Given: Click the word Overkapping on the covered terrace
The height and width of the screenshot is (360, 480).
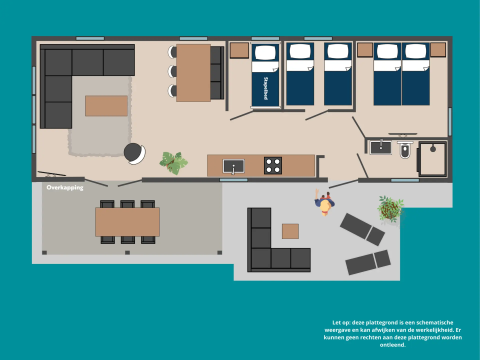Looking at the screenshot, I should coord(65,187).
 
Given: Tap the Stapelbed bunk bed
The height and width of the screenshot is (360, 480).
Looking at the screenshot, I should coord(266,75).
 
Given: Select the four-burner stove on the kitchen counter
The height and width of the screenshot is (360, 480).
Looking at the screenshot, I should coord(273,165).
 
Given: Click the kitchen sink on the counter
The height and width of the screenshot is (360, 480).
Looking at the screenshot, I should coord(233,166).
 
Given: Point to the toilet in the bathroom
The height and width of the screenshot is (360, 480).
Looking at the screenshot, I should coord(405,151).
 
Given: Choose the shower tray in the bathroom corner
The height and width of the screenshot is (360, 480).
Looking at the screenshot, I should coord(433,159).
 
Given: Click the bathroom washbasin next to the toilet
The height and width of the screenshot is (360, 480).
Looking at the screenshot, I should coord(381,148).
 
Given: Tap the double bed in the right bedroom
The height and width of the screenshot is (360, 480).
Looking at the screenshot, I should coord(401,75).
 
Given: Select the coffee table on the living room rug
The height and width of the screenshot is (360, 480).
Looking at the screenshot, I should coord(106,106).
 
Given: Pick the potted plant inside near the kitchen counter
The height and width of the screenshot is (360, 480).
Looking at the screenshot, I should coord(173,162).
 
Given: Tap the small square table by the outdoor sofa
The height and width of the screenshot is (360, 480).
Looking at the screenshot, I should coord(290,231).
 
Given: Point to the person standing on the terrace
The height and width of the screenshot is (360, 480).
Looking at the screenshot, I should coord(324,203).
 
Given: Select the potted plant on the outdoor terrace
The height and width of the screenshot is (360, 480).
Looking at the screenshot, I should coord(390,208).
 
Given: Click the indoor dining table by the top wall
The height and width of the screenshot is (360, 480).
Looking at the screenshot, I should coord(193,72).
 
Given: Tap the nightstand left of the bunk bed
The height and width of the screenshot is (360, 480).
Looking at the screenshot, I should coord(239,51).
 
